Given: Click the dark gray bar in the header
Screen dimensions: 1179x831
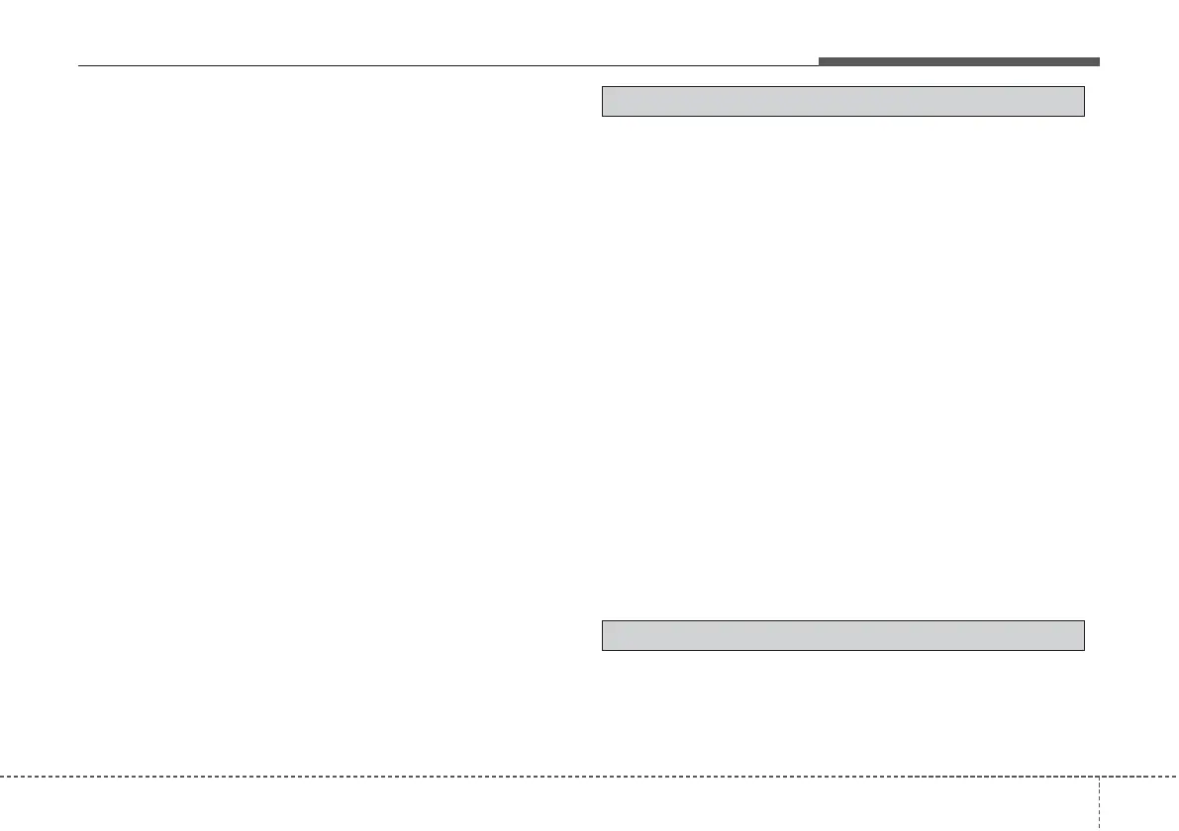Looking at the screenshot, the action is coord(958,61).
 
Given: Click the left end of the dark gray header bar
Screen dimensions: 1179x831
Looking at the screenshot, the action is coord(820,61).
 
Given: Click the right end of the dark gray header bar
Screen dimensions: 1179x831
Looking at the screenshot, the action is coord(1099,61).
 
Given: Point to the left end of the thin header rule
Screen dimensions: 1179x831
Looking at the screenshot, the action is coord(78,66).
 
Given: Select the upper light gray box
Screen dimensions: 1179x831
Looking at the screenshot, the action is coord(843,102).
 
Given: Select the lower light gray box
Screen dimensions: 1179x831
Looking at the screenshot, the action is coord(843,635).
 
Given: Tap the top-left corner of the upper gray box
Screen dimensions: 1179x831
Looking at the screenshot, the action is coord(603,87).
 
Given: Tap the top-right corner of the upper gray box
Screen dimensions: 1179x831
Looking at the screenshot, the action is coord(1085,87).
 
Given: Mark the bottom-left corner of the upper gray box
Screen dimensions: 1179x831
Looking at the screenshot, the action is coord(603,116).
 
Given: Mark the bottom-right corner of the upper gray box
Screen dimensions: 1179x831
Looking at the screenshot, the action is coord(1085,116).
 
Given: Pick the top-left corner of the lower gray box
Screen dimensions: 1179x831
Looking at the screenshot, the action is coord(603,620).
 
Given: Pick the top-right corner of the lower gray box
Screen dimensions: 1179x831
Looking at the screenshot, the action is coord(1085,620).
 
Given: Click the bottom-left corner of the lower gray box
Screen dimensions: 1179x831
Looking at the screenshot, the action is coord(603,650).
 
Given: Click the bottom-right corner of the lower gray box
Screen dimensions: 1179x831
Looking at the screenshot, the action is coord(1085,650).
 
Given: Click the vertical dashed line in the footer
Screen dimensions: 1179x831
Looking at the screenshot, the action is coord(1100,802).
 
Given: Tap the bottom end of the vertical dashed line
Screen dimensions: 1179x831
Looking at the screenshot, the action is coord(1100,830).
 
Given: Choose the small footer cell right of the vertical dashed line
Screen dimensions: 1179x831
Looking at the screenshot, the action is coord(1139,803).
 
